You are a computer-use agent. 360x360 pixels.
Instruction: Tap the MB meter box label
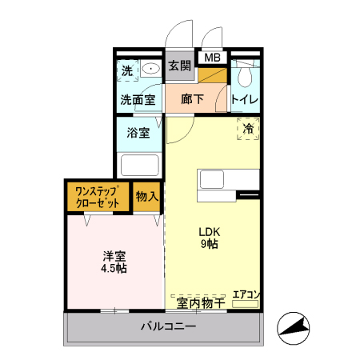click(212, 58)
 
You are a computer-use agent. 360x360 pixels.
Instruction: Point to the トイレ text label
click(245, 100)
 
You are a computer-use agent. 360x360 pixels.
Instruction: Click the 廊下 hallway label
click(193, 100)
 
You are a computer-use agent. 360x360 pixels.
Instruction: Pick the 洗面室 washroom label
click(137, 101)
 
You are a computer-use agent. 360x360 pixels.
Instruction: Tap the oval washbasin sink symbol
click(150, 70)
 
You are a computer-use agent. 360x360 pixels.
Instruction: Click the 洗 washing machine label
click(126, 70)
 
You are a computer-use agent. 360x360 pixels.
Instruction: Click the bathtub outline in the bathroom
click(140, 166)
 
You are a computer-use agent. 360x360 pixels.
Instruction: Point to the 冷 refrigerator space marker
click(248, 128)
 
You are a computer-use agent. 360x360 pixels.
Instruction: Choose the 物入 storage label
click(146, 197)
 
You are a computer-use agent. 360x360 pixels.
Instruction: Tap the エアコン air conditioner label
click(246, 294)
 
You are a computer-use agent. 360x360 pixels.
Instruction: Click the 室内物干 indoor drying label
click(200, 302)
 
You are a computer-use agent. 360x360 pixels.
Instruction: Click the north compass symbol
click(293, 327)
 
